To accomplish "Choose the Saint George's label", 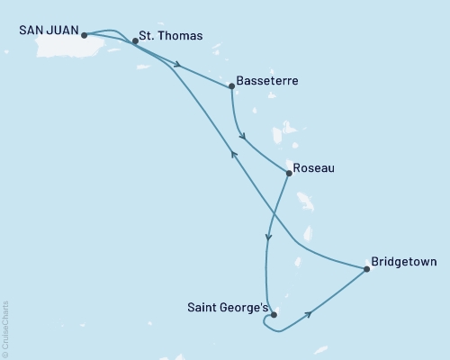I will pyautogui.click(x=227, y=308).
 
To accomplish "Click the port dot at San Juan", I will pyautogui.click(x=84, y=36).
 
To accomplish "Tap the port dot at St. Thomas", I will pyautogui.click(x=135, y=40).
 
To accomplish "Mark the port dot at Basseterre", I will pyautogui.click(x=232, y=86).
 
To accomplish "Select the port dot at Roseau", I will pyautogui.click(x=287, y=173).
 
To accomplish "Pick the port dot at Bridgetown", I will pyautogui.click(x=367, y=268).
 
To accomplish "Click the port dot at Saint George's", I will pyautogui.click(x=274, y=315).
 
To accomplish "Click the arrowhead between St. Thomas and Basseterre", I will pyautogui.click(x=180, y=66).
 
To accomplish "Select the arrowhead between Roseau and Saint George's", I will pyautogui.click(x=268, y=238).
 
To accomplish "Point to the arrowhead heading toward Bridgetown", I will pyautogui.click(x=310, y=314).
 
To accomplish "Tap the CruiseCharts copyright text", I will pyautogui.click(x=5, y=329).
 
